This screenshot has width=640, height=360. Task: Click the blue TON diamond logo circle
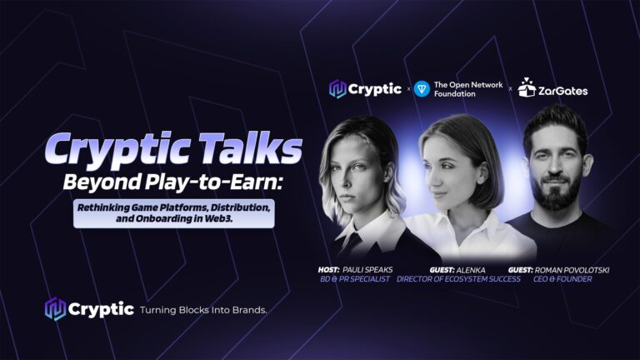click(422, 89)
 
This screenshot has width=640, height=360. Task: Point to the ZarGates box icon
click(527, 87)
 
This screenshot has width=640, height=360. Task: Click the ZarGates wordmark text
click(562, 91)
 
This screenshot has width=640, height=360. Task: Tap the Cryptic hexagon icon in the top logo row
click(337, 89)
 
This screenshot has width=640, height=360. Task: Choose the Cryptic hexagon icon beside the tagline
click(55, 309)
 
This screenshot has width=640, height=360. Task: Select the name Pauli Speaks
click(367, 270)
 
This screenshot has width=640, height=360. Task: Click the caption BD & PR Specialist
click(355, 279)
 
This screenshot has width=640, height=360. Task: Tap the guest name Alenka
click(471, 270)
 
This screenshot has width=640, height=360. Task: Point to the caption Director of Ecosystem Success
click(458, 279)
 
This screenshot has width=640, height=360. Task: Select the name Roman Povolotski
click(572, 270)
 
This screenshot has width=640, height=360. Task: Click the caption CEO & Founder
click(562, 279)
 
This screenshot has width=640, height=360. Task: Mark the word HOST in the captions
click(328, 270)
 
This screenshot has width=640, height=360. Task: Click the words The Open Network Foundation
click(468, 89)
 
